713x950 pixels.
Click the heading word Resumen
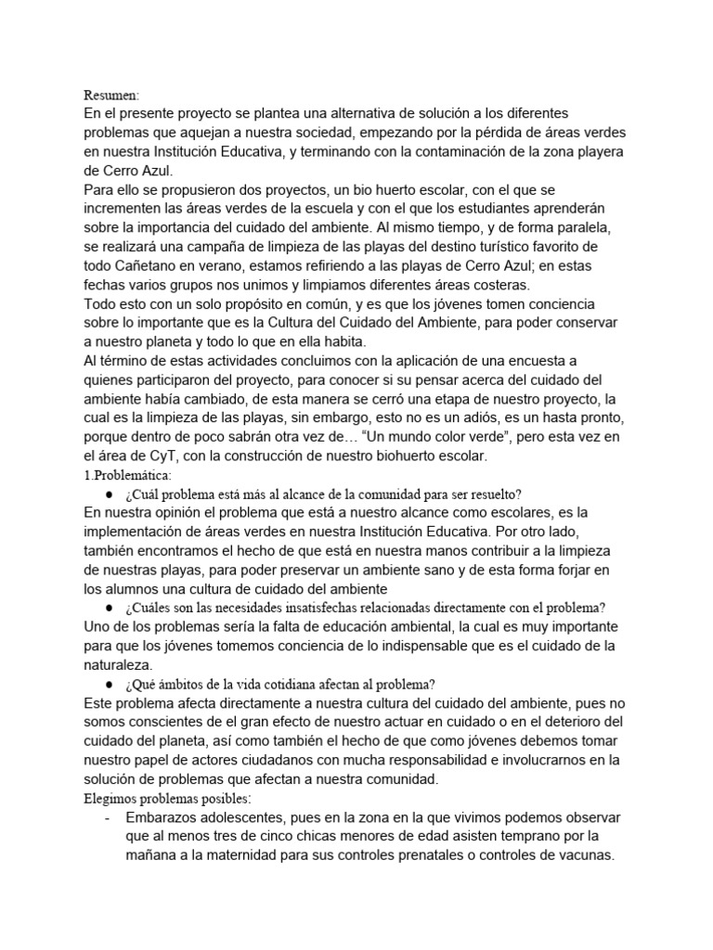click(111, 95)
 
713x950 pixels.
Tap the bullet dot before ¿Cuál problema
click(110, 494)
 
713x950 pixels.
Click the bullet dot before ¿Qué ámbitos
click(110, 684)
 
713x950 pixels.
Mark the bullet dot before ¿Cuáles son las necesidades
click(110, 608)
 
